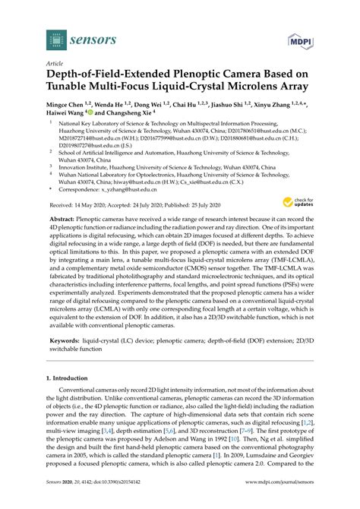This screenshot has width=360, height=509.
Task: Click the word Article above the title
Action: [x=55, y=65]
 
